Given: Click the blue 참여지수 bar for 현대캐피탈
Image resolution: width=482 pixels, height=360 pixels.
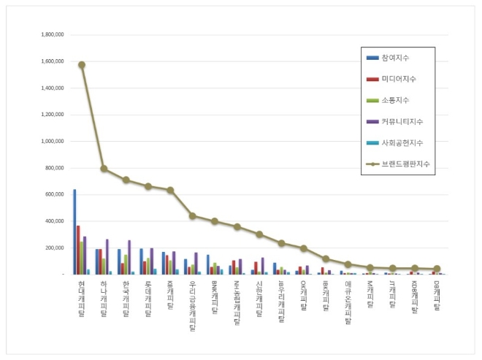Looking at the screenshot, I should pyautogui.click(x=74, y=232).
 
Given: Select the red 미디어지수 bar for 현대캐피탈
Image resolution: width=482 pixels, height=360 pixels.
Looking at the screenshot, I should pyautogui.click(x=78, y=250).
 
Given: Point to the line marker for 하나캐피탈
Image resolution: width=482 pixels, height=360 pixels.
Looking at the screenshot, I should pyautogui.click(x=104, y=169).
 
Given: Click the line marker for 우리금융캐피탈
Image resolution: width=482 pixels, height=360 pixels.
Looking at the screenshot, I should pyautogui.click(x=192, y=215).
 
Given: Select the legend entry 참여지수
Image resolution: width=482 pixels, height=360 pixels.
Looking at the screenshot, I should pyautogui.click(x=396, y=58).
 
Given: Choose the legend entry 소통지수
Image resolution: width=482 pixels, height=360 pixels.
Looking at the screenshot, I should pyautogui.click(x=396, y=100).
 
